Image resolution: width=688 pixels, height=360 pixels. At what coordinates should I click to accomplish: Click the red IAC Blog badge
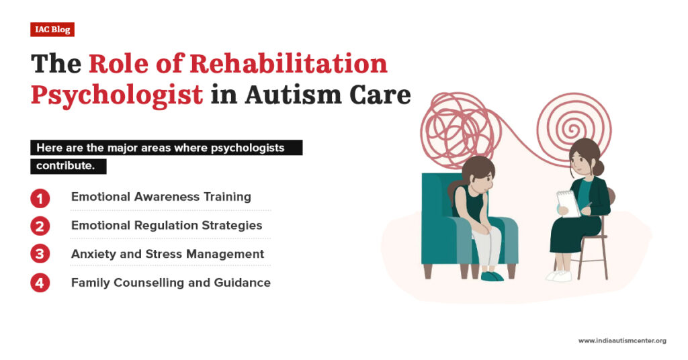[52, 30]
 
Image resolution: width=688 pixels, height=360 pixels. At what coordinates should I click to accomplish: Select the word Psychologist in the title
[117, 94]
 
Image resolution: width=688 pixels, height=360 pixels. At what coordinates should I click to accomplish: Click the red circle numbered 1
[40, 198]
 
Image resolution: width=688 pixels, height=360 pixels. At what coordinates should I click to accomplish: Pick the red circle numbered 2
[40, 226]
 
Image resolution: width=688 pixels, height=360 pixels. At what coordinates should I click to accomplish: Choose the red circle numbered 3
[40, 255]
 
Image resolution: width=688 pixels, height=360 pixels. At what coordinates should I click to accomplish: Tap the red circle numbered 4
[40, 283]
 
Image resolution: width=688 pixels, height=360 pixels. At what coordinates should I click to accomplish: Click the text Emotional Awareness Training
[161, 197]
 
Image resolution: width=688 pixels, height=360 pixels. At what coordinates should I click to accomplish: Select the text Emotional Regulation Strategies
[167, 225]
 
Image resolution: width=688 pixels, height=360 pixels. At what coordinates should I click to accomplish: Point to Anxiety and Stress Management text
[167, 254]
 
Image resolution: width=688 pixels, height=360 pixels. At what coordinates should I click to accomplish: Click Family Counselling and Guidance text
[171, 283]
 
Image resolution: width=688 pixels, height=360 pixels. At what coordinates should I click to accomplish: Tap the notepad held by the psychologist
[568, 203]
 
